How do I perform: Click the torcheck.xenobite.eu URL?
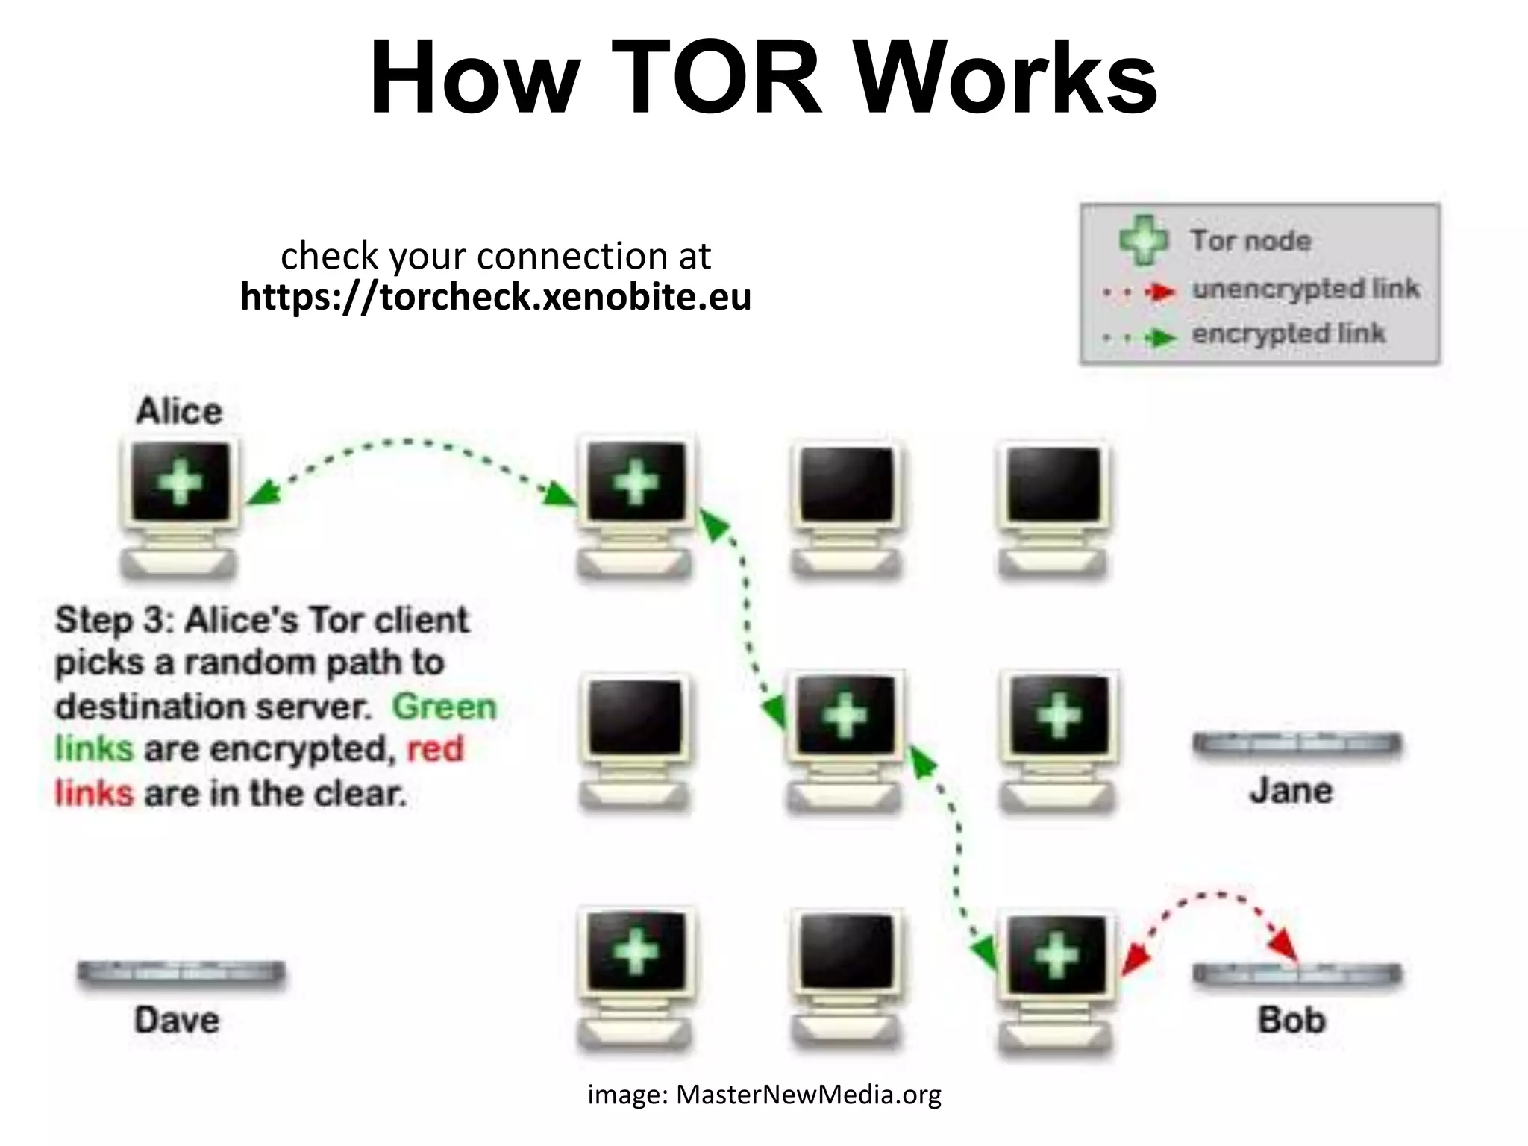click(x=495, y=297)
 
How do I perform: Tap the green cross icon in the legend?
click(x=1143, y=240)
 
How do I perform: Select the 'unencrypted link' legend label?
click(x=1305, y=289)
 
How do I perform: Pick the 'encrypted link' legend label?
click(x=1288, y=334)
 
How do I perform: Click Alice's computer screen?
click(x=180, y=482)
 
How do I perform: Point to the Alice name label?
click(x=179, y=411)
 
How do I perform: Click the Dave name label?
click(x=177, y=1020)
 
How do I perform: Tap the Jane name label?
click(x=1291, y=790)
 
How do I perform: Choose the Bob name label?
click(x=1291, y=1020)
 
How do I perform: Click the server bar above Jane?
click(x=1297, y=744)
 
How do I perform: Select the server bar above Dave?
click(x=181, y=972)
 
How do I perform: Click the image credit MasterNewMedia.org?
click(x=764, y=1095)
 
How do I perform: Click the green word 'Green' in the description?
click(x=444, y=706)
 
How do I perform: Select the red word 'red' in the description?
click(x=435, y=748)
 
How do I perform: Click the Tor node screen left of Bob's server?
click(x=1056, y=955)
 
